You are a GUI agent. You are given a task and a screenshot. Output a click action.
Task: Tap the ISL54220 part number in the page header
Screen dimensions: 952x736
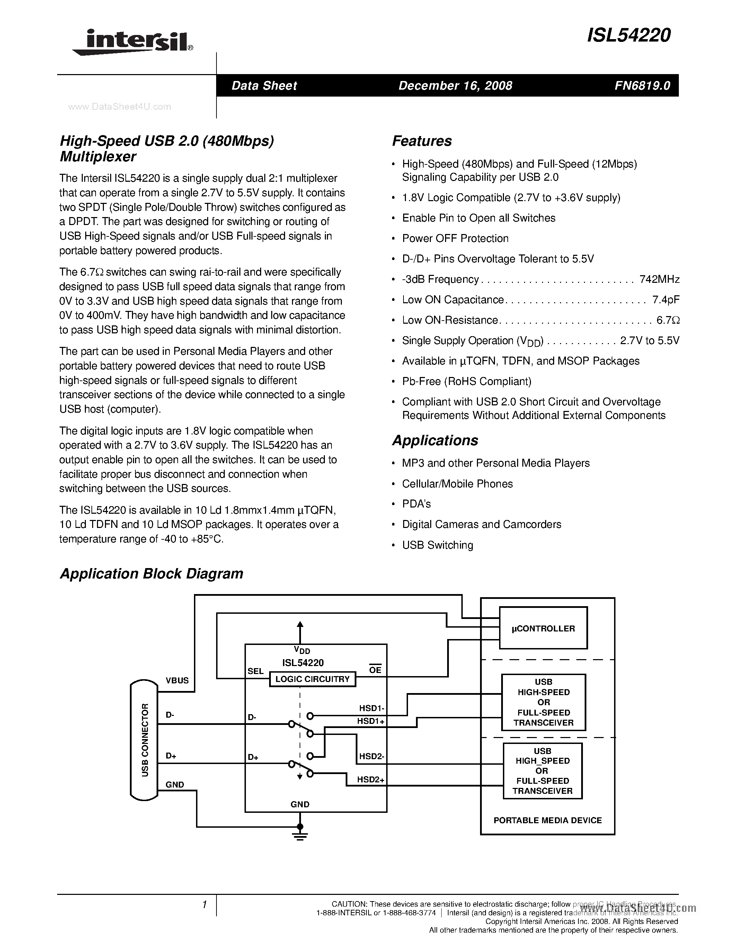coord(629,36)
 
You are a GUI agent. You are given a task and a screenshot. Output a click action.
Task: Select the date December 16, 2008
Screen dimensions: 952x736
coord(455,86)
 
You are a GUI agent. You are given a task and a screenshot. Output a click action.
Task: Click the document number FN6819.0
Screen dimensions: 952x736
coord(642,86)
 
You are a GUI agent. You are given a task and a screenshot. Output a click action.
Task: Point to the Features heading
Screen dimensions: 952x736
coord(422,141)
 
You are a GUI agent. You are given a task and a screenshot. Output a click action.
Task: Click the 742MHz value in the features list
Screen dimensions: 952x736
coord(659,279)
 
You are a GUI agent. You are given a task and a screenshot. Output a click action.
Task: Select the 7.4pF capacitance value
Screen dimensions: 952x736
coord(666,299)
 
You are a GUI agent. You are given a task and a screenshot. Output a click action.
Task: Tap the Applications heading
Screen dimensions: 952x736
coord(435,440)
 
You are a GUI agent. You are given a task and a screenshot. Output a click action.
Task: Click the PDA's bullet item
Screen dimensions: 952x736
coord(416,504)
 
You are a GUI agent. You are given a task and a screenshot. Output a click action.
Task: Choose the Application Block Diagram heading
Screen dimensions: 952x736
coord(151,573)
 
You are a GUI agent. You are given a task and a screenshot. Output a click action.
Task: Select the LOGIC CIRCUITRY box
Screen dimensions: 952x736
coord(312,679)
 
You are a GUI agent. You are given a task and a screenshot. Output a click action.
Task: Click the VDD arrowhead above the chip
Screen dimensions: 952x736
coord(300,625)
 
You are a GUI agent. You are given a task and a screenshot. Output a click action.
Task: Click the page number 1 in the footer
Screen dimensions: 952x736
coord(204,905)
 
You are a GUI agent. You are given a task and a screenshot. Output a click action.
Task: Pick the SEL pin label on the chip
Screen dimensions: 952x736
coord(256,671)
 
